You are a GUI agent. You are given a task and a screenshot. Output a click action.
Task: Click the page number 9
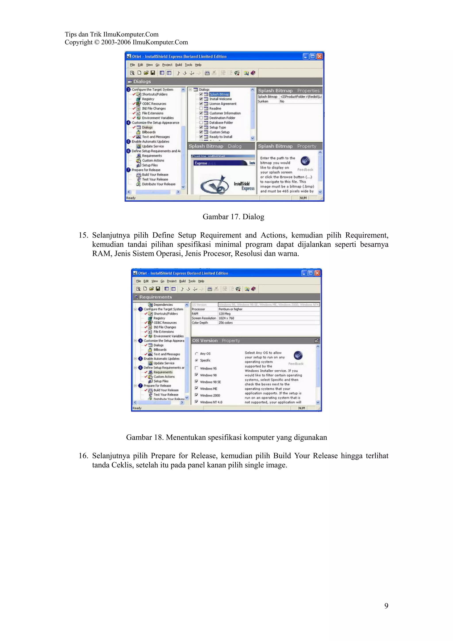pyautogui.click(x=386, y=606)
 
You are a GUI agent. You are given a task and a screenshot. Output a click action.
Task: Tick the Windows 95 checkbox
pyautogui.click(x=196, y=368)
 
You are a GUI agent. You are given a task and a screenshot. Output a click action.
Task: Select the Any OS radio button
pyautogui.click(x=196, y=353)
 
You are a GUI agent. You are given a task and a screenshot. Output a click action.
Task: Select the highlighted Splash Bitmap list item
pyautogui.click(x=219, y=94)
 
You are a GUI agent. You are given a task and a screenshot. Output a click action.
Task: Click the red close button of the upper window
pyautogui.click(x=319, y=56)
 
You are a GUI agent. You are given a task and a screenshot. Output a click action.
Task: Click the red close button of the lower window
pyautogui.click(x=317, y=273)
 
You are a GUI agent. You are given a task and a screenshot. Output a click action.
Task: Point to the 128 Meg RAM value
pyautogui.click(x=225, y=313)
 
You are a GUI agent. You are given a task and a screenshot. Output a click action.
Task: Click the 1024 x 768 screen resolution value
pyautogui.click(x=226, y=318)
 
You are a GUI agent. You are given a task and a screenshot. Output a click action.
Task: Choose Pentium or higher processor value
pyautogui.click(x=230, y=309)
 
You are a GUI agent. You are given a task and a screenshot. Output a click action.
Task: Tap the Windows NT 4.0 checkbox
pyautogui.click(x=196, y=402)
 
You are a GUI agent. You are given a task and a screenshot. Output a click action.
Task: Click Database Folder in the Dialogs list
pyautogui.click(x=221, y=123)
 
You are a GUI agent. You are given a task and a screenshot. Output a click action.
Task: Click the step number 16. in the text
pyautogui.click(x=83, y=456)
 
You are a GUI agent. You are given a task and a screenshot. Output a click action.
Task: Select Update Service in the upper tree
pyautogui.click(x=153, y=146)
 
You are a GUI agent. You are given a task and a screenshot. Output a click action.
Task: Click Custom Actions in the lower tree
pyautogui.click(x=164, y=377)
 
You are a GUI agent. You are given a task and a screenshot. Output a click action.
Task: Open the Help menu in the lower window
pyautogui.click(x=201, y=281)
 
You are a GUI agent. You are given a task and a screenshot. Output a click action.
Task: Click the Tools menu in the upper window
pyautogui.click(x=188, y=65)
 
